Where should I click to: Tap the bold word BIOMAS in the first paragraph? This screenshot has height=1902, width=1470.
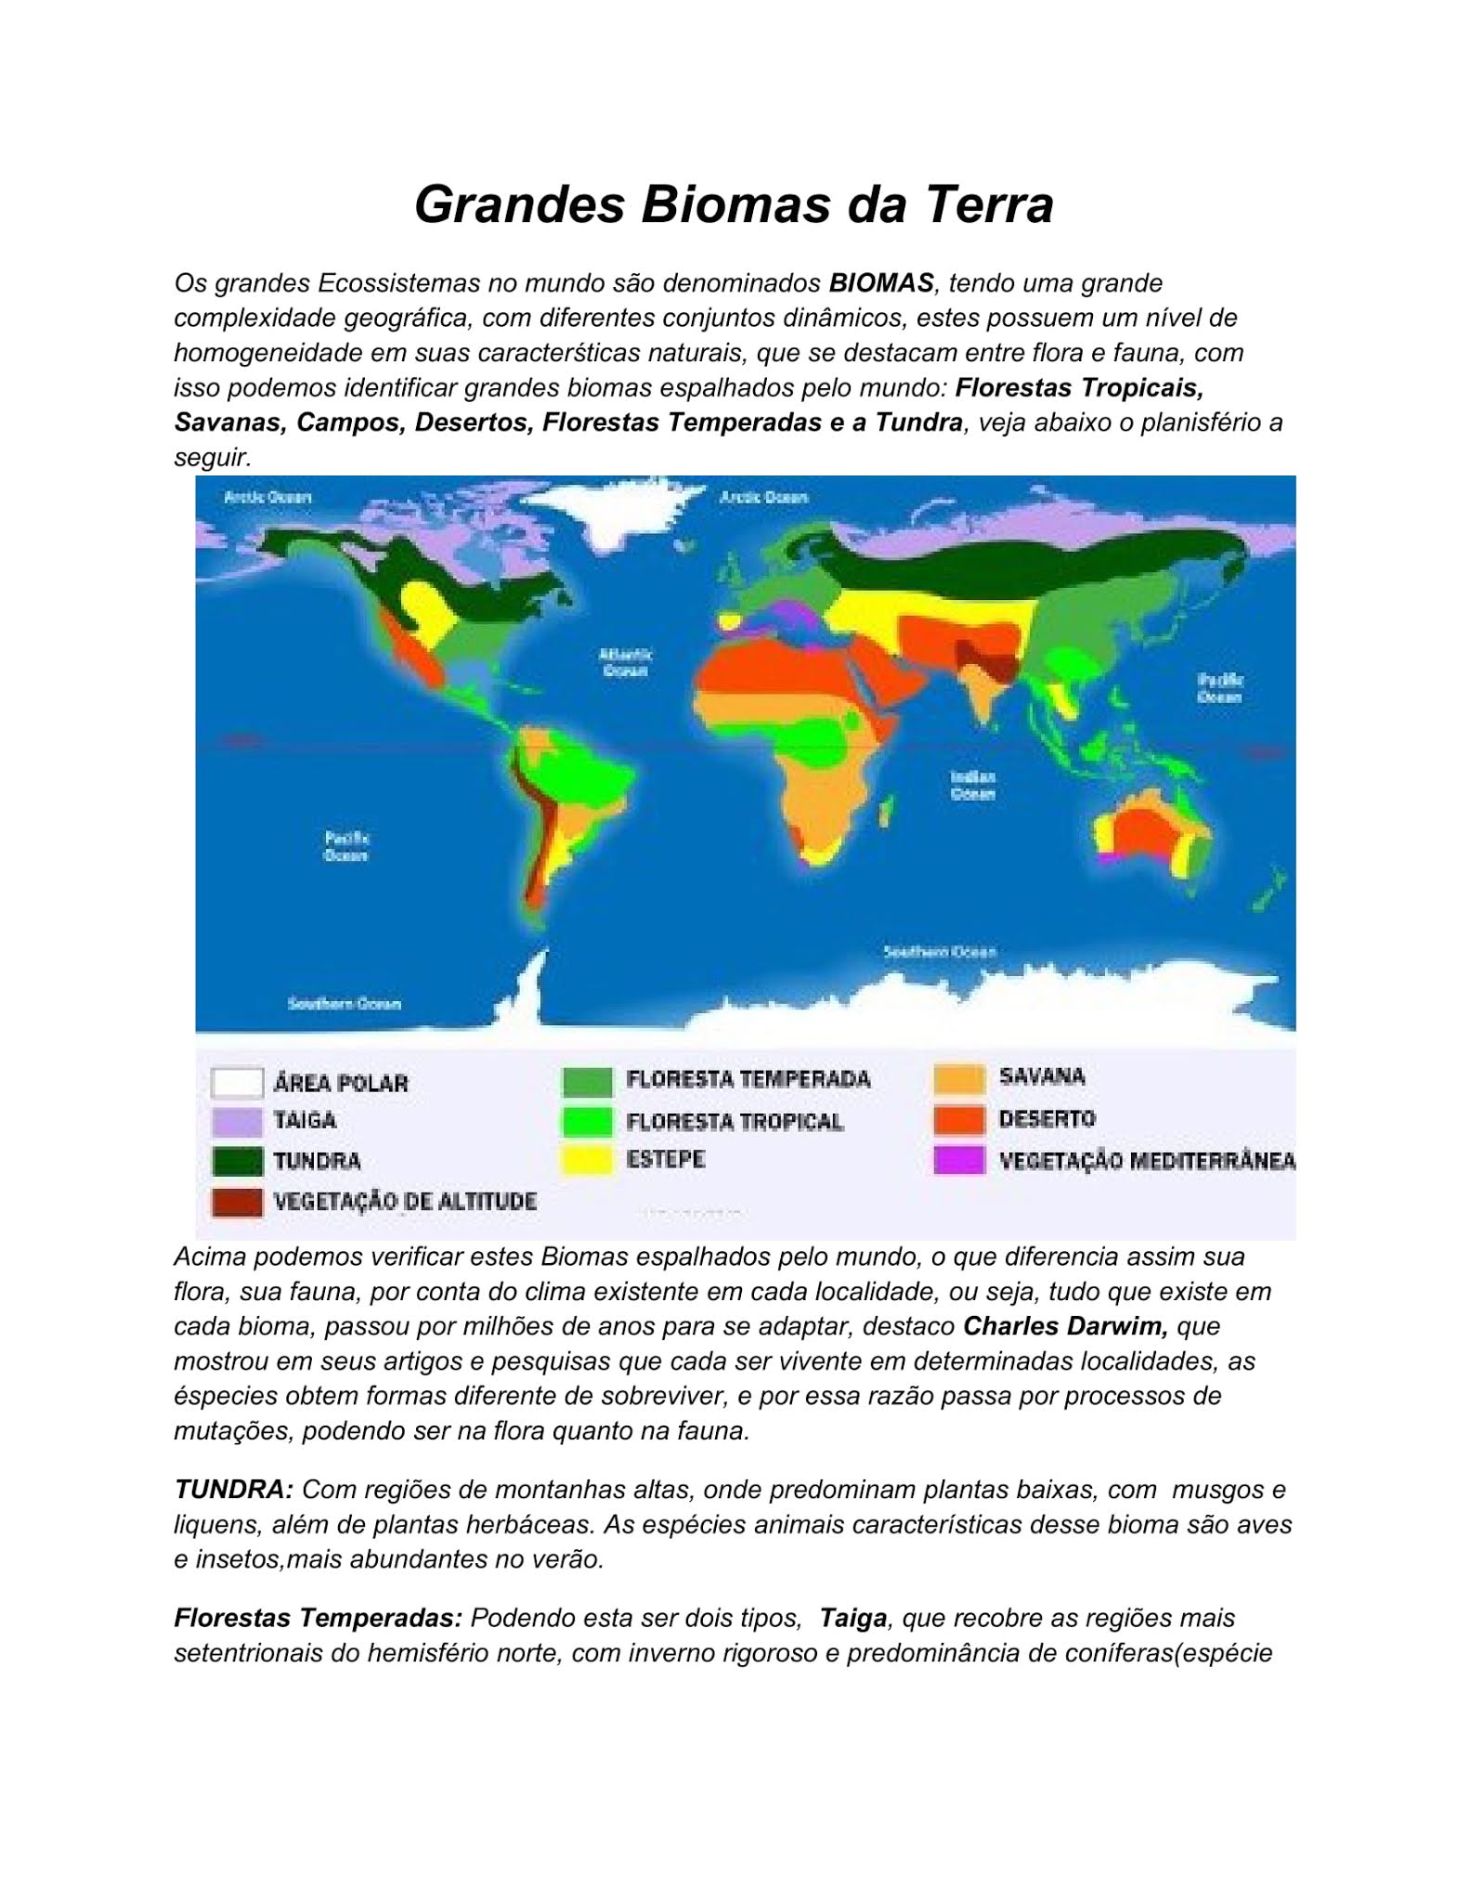pyautogui.click(x=880, y=283)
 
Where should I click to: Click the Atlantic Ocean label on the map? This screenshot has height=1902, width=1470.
pyautogui.click(x=625, y=662)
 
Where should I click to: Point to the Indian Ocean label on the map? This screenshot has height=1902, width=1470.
pyautogui.click(x=972, y=786)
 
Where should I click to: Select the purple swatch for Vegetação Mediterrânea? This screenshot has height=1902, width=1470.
pyautogui.click(x=959, y=1160)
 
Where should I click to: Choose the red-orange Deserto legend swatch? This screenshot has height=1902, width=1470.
pyautogui.click(x=959, y=1119)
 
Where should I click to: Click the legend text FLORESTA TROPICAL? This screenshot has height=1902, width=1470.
pyautogui.click(x=735, y=1122)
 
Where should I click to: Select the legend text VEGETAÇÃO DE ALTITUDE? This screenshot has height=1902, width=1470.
pyautogui.click(x=405, y=1202)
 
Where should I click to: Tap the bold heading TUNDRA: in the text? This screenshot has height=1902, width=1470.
pyautogui.click(x=234, y=1490)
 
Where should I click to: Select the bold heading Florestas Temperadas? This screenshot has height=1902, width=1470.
pyautogui.click(x=318, y=1618)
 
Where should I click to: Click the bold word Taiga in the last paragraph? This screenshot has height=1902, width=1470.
pyautogui.click(x=852, y=1618)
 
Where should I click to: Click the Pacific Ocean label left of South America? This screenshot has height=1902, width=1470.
pyautogui.click(x=346, y=846)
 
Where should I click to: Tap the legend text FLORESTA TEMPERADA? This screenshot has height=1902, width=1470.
pyautogui.click(x=748, y=1079)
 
